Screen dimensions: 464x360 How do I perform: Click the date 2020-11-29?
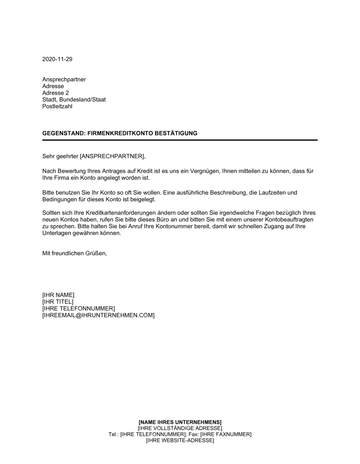(57, 59)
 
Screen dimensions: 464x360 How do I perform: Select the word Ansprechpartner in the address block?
(64, 79)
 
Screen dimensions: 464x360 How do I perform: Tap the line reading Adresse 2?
(55, 93)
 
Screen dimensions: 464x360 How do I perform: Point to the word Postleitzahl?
(57, 106)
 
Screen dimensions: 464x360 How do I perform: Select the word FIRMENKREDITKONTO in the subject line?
(120, 133)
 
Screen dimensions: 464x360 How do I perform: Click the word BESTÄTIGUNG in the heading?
(176, 133)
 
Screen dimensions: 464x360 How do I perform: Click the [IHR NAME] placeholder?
(58, 295)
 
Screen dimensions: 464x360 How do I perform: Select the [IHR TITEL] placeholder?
(58, 302)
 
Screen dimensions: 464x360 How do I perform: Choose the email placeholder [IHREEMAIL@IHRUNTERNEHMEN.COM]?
(98, 315)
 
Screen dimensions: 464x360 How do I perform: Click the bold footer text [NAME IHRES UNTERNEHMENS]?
(180, 422)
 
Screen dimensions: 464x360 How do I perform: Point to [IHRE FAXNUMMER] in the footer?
(226, 434)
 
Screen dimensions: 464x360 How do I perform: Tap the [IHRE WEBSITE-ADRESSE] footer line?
(180, 440)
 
